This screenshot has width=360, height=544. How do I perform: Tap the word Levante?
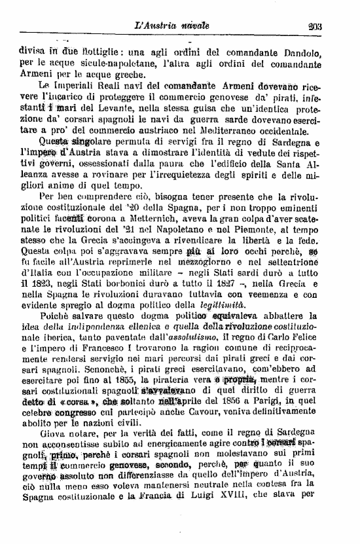pyautogui.click(x=103, y=107)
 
